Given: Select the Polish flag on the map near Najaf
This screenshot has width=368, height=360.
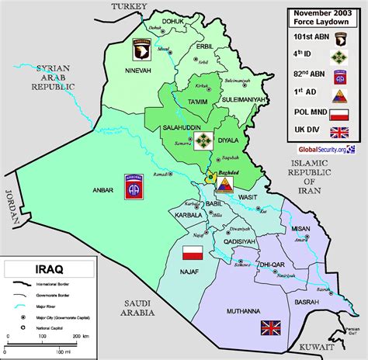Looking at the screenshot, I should coord(193,251).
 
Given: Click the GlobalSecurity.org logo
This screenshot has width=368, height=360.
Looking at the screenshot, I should coord(324,148).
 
